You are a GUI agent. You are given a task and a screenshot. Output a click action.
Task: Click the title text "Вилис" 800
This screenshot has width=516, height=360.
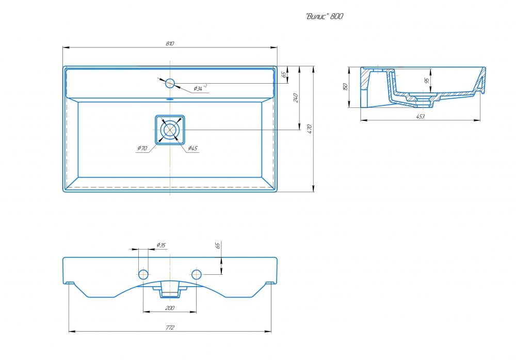tap(325, 17)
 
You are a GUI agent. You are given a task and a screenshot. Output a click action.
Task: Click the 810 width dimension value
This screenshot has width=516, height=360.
tap(170, 43)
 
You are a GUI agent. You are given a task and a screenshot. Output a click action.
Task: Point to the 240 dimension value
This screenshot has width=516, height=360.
tap(295, 97)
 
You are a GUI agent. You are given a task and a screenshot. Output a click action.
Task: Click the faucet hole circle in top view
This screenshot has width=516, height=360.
tap(170, 82)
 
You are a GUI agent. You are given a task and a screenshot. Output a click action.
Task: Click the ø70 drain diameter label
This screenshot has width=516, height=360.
tap(142, 148)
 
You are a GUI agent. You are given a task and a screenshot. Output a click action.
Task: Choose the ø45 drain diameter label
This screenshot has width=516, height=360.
tap(192, 148)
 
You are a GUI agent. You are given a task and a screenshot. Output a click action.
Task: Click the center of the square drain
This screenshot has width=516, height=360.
tap(170, 129)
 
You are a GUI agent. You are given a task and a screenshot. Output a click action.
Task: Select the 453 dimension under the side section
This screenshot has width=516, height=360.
tap(420, 117)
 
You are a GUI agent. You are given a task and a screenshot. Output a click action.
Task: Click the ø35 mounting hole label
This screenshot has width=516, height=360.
tap(160, 245)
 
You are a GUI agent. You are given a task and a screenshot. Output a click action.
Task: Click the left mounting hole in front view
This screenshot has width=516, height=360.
tap(144, 273)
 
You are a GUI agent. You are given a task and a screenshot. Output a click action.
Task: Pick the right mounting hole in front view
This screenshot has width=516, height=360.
tap(197, 273)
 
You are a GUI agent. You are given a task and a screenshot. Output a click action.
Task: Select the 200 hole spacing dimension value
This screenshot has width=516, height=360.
tap(170, 308)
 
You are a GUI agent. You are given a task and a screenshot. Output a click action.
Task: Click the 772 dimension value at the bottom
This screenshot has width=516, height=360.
tap(170, 327)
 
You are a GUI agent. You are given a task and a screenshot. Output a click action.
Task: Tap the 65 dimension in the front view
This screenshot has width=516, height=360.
tap(218, 246)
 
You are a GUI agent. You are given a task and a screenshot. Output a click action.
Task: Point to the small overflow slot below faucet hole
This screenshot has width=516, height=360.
tap(170, 98)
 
